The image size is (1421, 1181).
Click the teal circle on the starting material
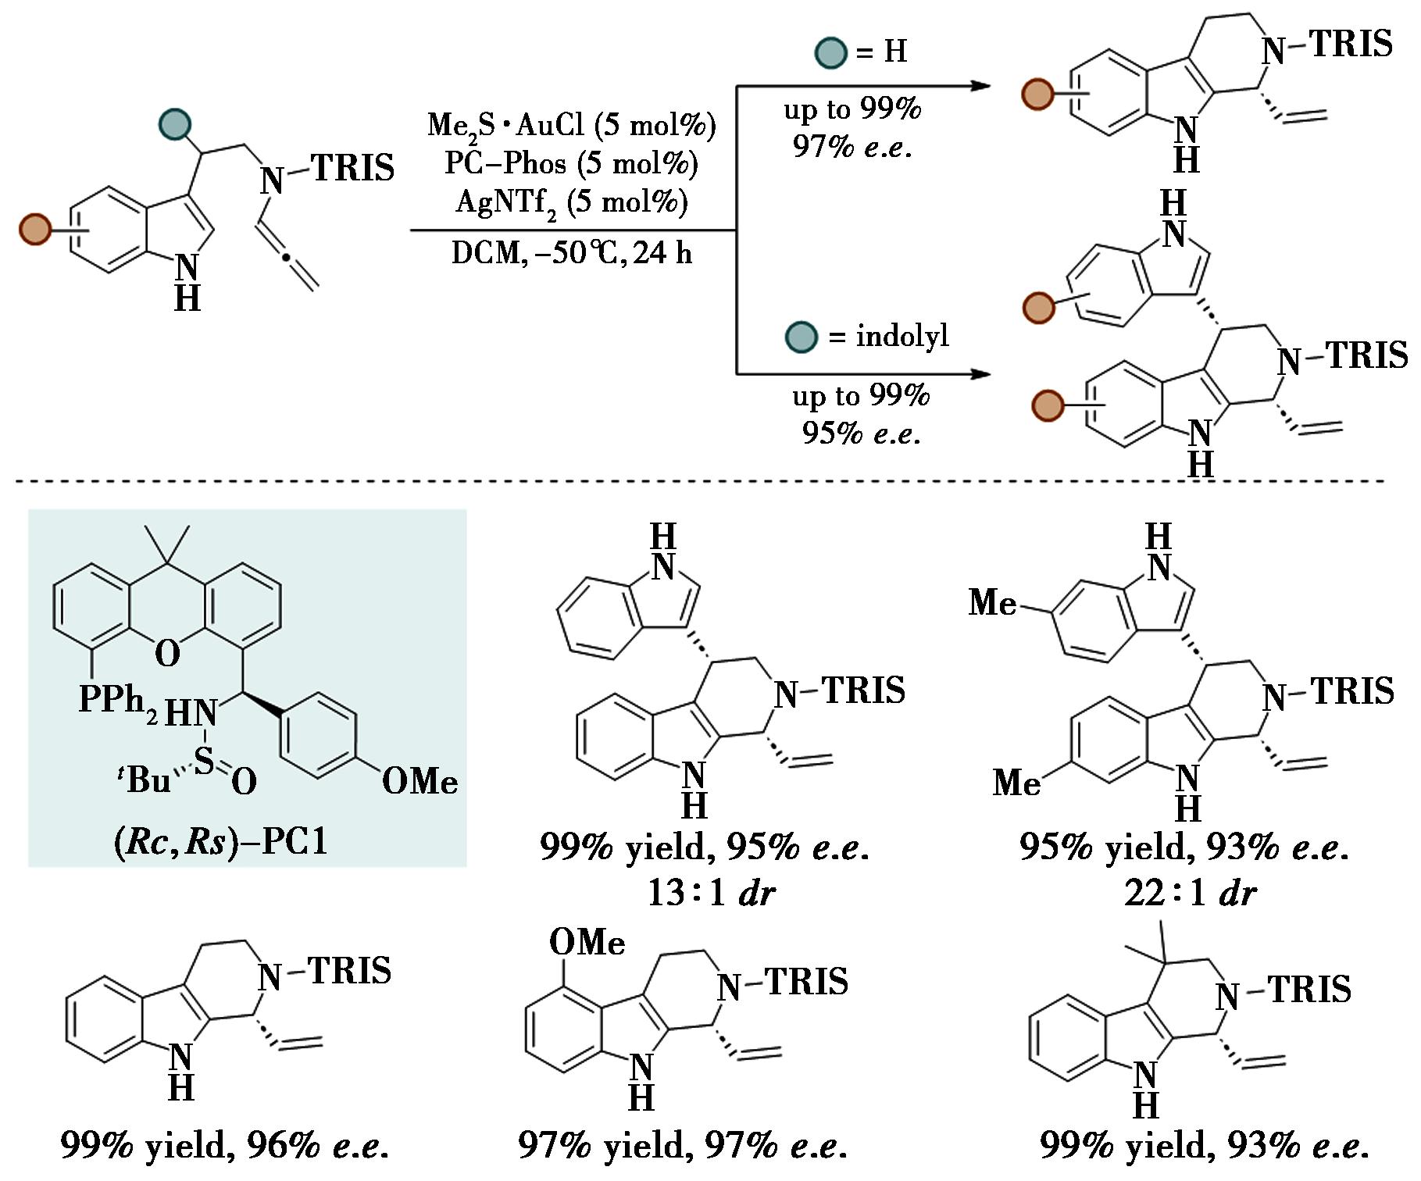tap(175, 123)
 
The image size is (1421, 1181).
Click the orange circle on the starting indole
tap(35, 229)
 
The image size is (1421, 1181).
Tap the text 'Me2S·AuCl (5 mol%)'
tap(571, 126)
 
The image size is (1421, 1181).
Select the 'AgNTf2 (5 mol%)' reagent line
tap(571, 202)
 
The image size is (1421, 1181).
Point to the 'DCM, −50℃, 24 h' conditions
tap(571, 253)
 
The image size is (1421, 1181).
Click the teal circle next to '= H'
tap(830, 52)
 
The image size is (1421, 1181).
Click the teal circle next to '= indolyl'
tap(801, 337)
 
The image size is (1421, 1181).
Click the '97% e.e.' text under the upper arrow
tap(852, 146)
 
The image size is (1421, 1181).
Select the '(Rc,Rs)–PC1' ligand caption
tap(221, 841)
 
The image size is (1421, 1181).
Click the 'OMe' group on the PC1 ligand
tap(420, 782)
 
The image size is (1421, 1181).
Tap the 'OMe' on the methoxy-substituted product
tap(587, 943)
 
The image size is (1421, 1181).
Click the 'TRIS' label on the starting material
tap(353, 168)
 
